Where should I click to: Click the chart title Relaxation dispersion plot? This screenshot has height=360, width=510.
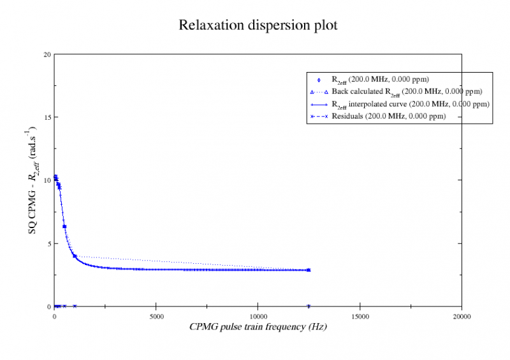click(x=258, y=25)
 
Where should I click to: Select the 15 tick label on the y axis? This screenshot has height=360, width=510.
click(x=47, y=117)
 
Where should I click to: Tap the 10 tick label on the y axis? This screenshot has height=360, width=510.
click(x=47, y=180)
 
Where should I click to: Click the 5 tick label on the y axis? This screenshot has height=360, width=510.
click(x=49, y=243)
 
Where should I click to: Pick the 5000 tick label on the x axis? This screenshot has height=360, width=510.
click(x=156, y=316)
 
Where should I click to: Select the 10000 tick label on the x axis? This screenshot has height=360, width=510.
click(x=258, y=316)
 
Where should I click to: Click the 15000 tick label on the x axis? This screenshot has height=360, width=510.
click(x=360, y=316)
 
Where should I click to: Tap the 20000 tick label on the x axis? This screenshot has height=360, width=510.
click(x=462, y=316)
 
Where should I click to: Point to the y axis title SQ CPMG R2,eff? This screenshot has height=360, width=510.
click(x=33, y=180)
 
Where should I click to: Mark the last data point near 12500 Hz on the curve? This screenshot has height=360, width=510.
click(x=309, y=270)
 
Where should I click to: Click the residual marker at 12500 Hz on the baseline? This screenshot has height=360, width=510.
click(x=309, y=306)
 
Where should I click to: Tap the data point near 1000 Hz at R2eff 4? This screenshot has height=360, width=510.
click(x=75, y=256)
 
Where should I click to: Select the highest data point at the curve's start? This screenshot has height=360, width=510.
click(x=55, y=177)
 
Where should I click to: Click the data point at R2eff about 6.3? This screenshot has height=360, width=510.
click(x=64, y=227)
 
